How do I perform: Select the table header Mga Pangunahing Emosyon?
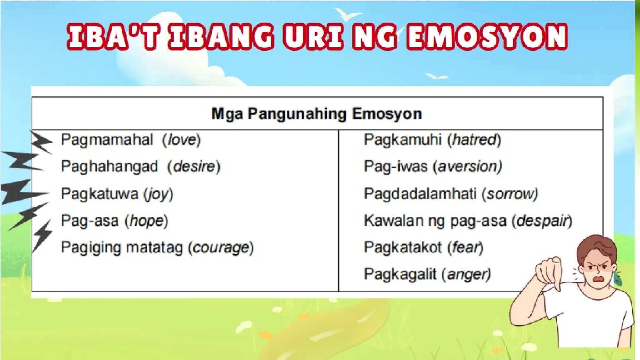pos(317,114)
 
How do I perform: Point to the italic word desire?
pos(194,167)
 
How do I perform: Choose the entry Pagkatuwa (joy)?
pos(117,194)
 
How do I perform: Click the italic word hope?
pos(147,221)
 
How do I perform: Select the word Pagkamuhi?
pos(402,140)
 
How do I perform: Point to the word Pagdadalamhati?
pos(420,194)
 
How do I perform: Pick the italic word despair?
pos(542,221)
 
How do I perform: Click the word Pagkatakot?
pos(402,248)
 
